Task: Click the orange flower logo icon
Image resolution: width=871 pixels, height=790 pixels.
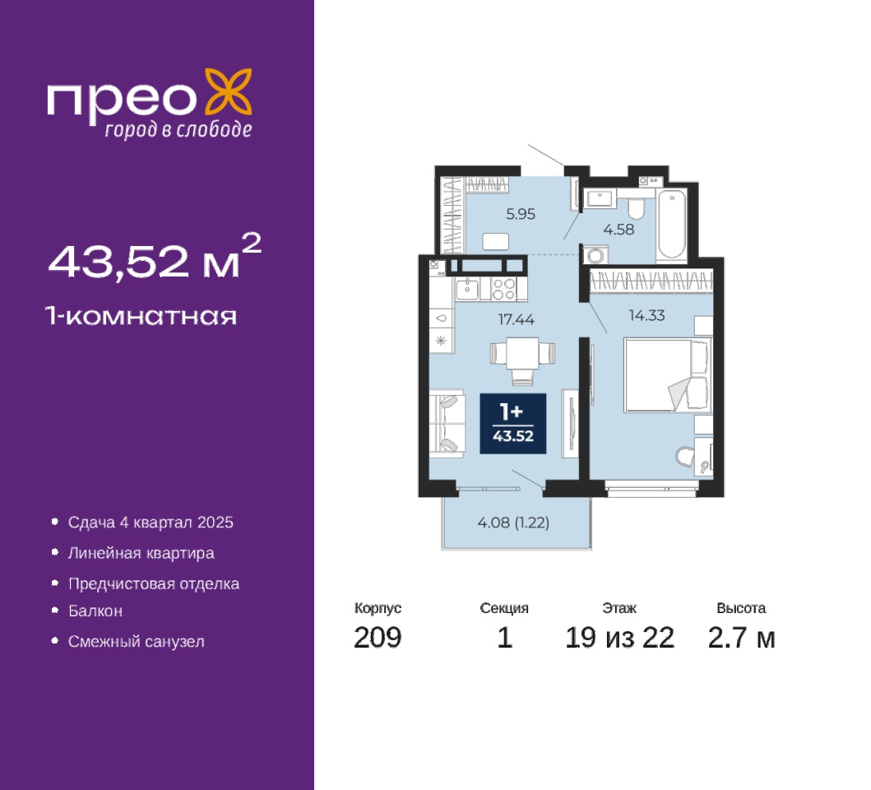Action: [x=229, y=91]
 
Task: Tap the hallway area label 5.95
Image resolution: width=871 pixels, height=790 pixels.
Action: [x=521, y=214]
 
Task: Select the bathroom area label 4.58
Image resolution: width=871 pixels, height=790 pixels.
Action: [x=619, y=229]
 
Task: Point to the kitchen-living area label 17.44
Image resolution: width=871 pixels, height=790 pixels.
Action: [x=516, y=319]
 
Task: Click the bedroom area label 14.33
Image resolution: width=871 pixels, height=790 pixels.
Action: [x=646, y=315]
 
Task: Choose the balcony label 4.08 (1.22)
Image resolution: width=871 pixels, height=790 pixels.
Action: [x=513, y=523]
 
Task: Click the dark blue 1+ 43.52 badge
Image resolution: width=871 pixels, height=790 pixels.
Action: [x=512, y=424]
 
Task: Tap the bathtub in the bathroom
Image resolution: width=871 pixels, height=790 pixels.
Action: [x=672, y=225]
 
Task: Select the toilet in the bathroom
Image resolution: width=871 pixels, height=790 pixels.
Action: [x=636, y=206]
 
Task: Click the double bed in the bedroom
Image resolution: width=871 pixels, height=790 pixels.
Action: [x=667, y=375]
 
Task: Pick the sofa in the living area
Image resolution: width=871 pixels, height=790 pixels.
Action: [x=447, y=423]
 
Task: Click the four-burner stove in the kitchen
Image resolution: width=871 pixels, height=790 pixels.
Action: [x=504, y=289]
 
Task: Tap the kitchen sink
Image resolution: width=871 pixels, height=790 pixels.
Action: [x=468, y=289]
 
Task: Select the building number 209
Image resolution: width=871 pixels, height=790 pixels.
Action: [x=378, y=638]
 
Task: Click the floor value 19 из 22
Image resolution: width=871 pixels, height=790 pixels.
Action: [x=619, y=638]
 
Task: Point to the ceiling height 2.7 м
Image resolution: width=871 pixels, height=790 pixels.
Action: [x=741, y=638]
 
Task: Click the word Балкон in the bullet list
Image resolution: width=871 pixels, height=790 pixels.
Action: [x=95, y=611]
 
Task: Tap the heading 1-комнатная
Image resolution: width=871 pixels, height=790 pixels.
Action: [x=141, y=316]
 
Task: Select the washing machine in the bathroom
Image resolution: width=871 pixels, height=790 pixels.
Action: [x=595, y=255]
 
